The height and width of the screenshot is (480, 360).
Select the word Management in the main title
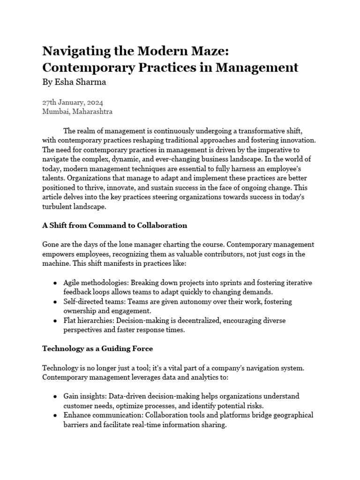pyautogui.click(x=257, y=67)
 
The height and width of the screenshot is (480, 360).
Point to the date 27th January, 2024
pyautogui.click(x=73, y=103)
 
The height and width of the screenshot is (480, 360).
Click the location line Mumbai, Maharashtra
pyautogui.click(x=77, y=112)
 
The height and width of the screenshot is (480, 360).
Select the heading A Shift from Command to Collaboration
pyautogui.click(x=114, y=225)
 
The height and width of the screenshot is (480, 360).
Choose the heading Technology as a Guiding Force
pyautogui.click(x=97, y=349)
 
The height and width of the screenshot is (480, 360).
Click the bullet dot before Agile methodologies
pyautogui.click(x=56, y=284)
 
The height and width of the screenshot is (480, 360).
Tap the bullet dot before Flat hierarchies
pyautogui.click(x=56, y=321)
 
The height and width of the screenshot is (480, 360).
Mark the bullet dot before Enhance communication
pyautogui.click(x=56, y=416)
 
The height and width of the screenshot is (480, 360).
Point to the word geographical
pyautogui.click(x=290, y=415)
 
